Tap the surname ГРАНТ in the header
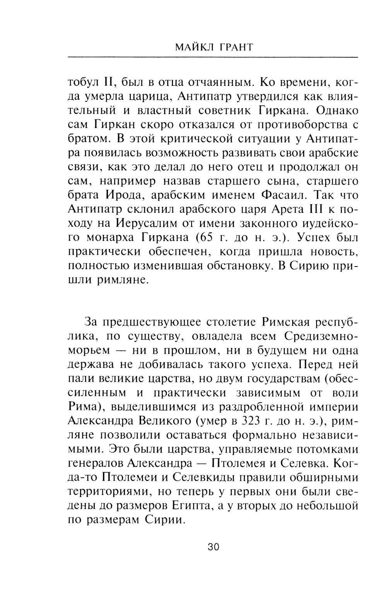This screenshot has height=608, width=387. pyautogui.click(x=235, y=47)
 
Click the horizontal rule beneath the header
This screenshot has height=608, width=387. pyautogui.click(x=212, y=57)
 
